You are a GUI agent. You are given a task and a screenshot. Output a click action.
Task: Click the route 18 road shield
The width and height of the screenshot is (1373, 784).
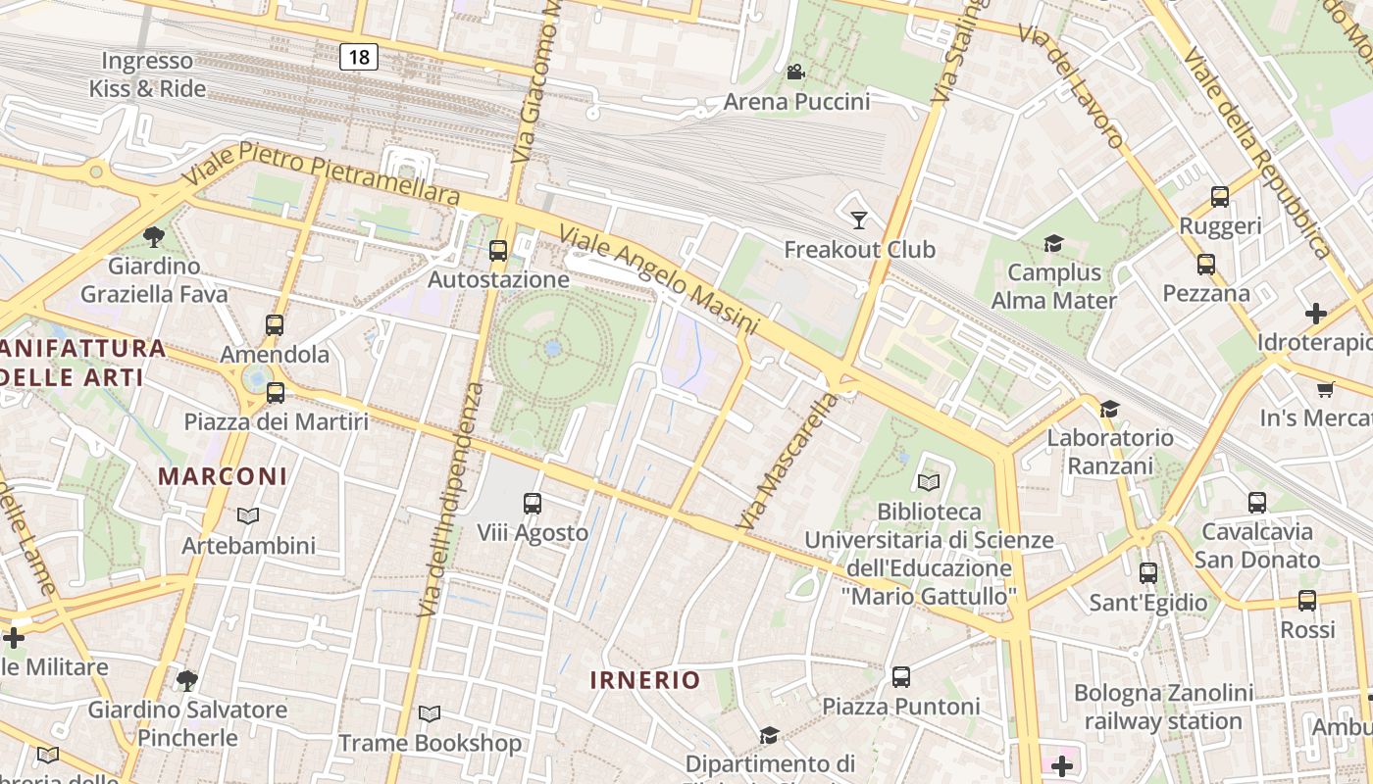click(359, 57)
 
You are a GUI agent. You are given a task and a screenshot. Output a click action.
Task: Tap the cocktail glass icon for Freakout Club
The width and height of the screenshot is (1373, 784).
click(859, 220)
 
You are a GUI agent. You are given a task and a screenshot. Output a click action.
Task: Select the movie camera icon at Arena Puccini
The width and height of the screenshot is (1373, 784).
click(795, 73)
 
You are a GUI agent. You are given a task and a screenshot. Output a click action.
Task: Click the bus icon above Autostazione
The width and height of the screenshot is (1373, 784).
click(498, 251)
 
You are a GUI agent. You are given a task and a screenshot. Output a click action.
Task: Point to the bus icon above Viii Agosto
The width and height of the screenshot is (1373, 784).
click(533, 504)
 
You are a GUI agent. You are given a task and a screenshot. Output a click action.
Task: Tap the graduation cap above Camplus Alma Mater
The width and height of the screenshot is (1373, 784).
click(1053, 243)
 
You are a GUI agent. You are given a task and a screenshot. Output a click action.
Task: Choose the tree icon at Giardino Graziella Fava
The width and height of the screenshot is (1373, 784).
click(153, 236)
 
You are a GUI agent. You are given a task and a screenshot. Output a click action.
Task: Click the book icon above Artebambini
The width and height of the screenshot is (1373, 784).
click(248, 515)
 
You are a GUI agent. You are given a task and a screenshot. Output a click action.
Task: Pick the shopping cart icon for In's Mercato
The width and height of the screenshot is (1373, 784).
click(1325, 390)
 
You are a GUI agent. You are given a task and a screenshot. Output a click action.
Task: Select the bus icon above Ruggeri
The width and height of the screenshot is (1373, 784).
click(1220, 197)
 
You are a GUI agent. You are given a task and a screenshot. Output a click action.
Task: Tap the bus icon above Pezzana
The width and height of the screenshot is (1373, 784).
click(1206, 265)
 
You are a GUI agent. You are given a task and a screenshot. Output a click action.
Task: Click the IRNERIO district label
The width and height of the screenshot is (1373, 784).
click(645, 680)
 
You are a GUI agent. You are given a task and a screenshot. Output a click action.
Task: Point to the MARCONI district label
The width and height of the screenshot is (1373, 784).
click(223, 476)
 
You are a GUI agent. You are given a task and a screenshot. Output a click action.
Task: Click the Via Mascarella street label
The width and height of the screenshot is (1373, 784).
click(788, 462)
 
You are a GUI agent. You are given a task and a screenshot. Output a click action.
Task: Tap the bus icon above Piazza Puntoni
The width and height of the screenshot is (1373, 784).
click(901, 677)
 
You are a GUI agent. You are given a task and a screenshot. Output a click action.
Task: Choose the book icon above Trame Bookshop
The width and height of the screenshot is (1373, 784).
click(430, 714)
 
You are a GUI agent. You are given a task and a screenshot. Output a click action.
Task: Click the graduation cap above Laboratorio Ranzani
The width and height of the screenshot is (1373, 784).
click(1109, 409)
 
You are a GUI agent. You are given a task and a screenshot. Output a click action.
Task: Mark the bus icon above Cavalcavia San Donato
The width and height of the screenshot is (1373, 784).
click(1257, 503)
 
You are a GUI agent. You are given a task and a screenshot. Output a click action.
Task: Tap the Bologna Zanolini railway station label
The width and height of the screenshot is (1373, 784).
click(1163, 708)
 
